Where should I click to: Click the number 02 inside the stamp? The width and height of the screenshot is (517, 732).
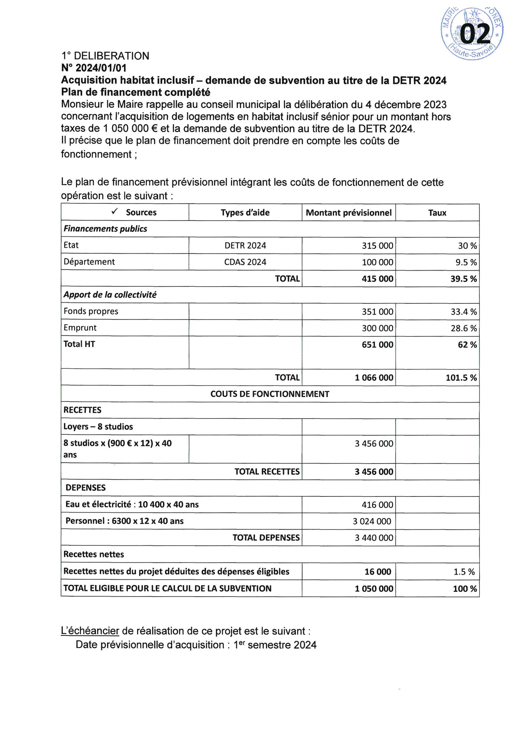[475, 35]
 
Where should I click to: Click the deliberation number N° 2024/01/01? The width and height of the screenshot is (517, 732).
[94, 68]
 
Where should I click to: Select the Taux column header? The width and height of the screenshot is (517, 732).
[437, 213]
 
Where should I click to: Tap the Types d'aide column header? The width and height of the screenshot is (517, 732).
[245, 213]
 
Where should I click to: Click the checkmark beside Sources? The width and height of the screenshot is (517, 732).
[115, 212]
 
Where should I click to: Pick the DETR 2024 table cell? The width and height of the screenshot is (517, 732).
[245, 246]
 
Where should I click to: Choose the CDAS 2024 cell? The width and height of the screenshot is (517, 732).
[245, 262]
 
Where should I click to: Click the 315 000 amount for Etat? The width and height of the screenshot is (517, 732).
[377, 246]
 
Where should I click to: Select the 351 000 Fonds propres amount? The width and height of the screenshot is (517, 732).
[377, 312]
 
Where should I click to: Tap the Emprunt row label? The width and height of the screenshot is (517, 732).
[80, 328]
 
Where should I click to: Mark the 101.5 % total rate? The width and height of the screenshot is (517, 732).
[461, 378]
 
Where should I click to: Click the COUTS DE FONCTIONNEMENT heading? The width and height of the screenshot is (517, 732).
[270, 394]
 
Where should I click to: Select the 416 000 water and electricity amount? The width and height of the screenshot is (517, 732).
[377, 505]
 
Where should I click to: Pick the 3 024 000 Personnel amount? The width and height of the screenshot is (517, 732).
[372, 521]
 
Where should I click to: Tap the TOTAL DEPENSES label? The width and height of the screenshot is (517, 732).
[266, 538]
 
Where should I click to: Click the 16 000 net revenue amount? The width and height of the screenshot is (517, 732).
[378, 572]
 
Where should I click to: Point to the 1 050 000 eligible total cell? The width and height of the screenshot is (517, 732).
[374, 589]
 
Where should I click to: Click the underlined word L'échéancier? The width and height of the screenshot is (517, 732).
[90, 631]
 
